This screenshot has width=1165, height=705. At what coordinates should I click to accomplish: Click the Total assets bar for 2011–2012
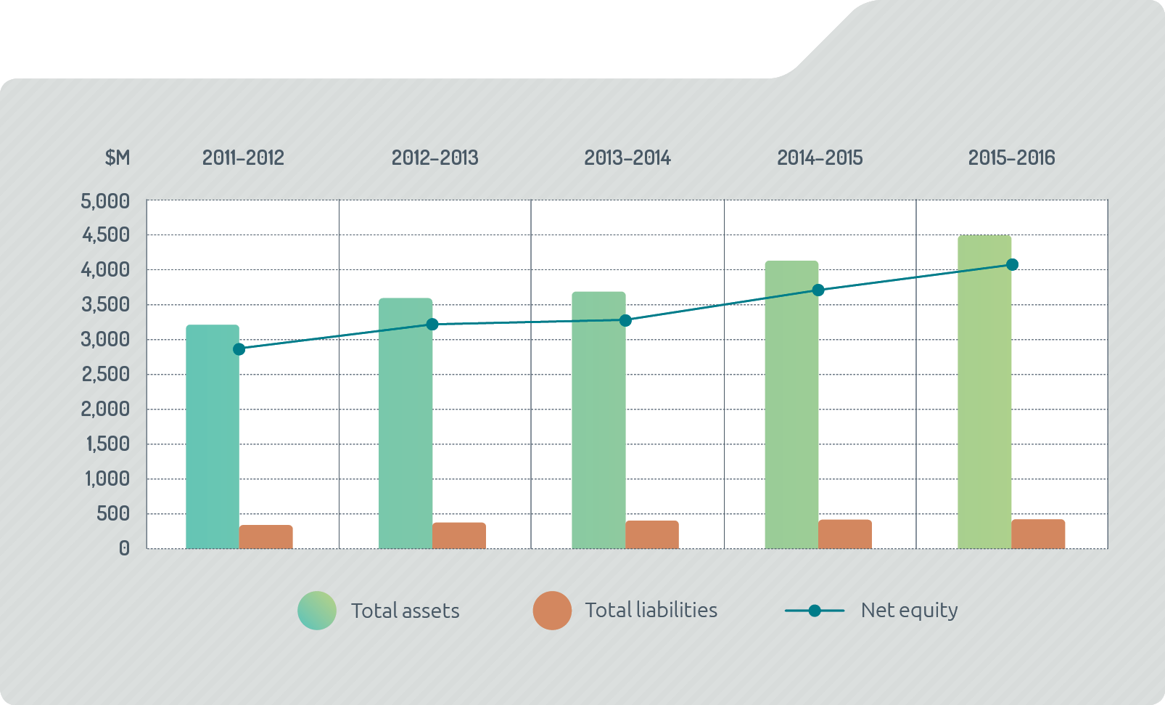pos(213,436)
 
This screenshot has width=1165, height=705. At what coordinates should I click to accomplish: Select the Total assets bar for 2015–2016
pos(984,392)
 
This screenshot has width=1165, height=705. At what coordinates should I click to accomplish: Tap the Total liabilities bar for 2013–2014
pos(652,535)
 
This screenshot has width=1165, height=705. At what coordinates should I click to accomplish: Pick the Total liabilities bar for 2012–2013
pos(459,536)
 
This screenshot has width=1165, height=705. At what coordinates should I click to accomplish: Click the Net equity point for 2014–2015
pos(818,290)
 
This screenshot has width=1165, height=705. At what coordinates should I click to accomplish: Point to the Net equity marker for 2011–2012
pos(239,349)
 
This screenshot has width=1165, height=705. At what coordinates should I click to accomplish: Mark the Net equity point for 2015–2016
pos(1012,265)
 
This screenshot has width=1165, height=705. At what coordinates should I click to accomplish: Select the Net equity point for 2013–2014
pos(625,320)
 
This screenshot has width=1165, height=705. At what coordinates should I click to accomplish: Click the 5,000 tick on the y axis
pos(106,201)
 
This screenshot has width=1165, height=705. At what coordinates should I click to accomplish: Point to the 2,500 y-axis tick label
pos(106,375)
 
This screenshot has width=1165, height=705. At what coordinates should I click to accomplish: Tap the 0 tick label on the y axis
pos(125,549)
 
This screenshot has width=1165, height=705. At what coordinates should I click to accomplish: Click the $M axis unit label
pos(118,158)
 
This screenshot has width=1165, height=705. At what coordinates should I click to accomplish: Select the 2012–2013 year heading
pos(435,158)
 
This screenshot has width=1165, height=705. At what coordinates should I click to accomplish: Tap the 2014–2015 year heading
pos(820,158)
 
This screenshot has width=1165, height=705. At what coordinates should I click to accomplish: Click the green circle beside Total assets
pos(317,611)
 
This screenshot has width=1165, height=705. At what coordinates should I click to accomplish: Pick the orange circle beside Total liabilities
pos(552,611)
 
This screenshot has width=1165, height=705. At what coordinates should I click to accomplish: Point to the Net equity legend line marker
pos(815,611)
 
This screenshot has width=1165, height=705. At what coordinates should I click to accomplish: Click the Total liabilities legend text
pos(651,611)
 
